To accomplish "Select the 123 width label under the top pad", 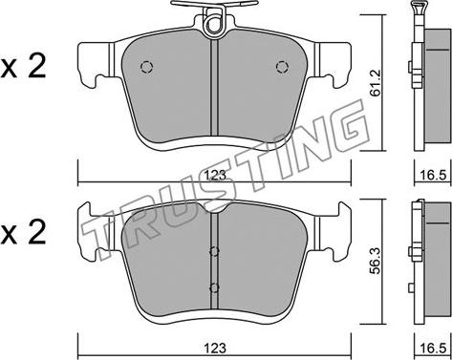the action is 215,176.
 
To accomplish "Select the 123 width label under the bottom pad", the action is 215,348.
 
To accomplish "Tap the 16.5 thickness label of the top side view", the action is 433,176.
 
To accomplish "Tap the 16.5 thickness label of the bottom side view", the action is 433,348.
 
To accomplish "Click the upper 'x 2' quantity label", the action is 23,67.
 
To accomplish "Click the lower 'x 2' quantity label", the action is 23,233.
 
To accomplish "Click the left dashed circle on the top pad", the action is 146,67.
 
